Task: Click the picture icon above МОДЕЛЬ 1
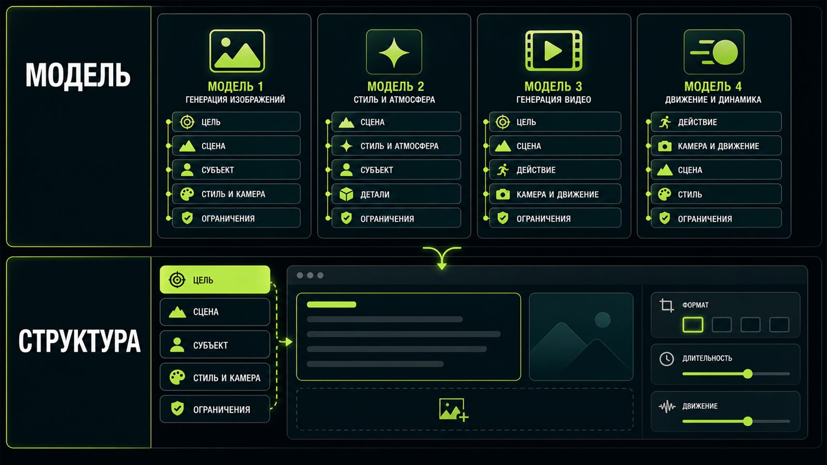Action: [237, 51]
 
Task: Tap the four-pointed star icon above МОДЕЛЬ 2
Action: [394, 52]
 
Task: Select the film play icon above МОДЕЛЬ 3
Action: [554, 51]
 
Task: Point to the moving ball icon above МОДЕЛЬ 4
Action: [714, 52]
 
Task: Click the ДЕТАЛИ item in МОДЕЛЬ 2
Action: [396, 194]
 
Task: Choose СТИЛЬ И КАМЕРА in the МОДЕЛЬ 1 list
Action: [236, 194]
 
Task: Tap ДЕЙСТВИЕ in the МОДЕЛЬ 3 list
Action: [555, 170]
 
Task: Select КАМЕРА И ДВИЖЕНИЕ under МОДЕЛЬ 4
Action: [716, 146]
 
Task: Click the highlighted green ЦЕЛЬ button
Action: [215, 280]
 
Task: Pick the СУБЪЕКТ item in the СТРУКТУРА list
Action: [215, 345]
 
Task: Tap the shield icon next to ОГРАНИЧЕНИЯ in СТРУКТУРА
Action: [178, 409]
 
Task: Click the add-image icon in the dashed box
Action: [453, 409]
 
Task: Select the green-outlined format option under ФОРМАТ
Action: [693, 325]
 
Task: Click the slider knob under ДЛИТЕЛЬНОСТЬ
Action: [747, 374]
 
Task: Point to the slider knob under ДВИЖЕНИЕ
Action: [747, 421]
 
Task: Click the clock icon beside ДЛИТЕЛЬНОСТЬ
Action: [666, 359]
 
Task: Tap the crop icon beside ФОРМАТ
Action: [666, 305]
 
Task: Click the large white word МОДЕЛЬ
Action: [78, 75]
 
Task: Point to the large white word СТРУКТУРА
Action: [80, 340]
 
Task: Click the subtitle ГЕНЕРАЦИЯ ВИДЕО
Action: [554, 100]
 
